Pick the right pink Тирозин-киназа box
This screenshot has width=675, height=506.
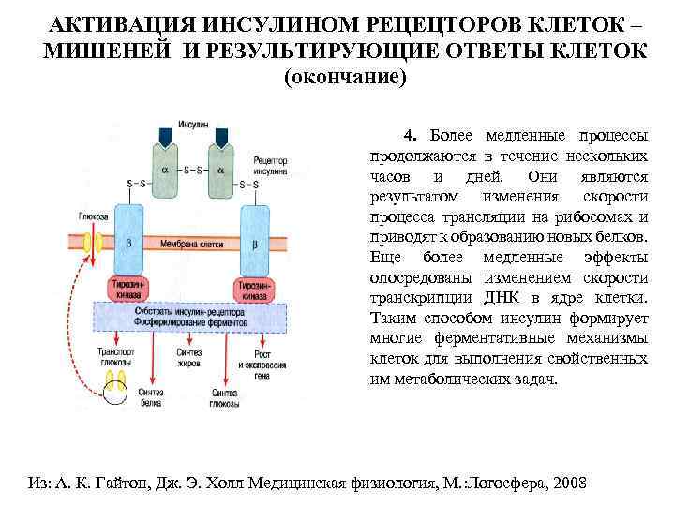[x=254, y=288]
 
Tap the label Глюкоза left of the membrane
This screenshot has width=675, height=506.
[x=92, y=216]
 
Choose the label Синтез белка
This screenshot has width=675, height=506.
[x=150, y=397]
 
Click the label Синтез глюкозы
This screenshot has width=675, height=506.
[x=224, y=397]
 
